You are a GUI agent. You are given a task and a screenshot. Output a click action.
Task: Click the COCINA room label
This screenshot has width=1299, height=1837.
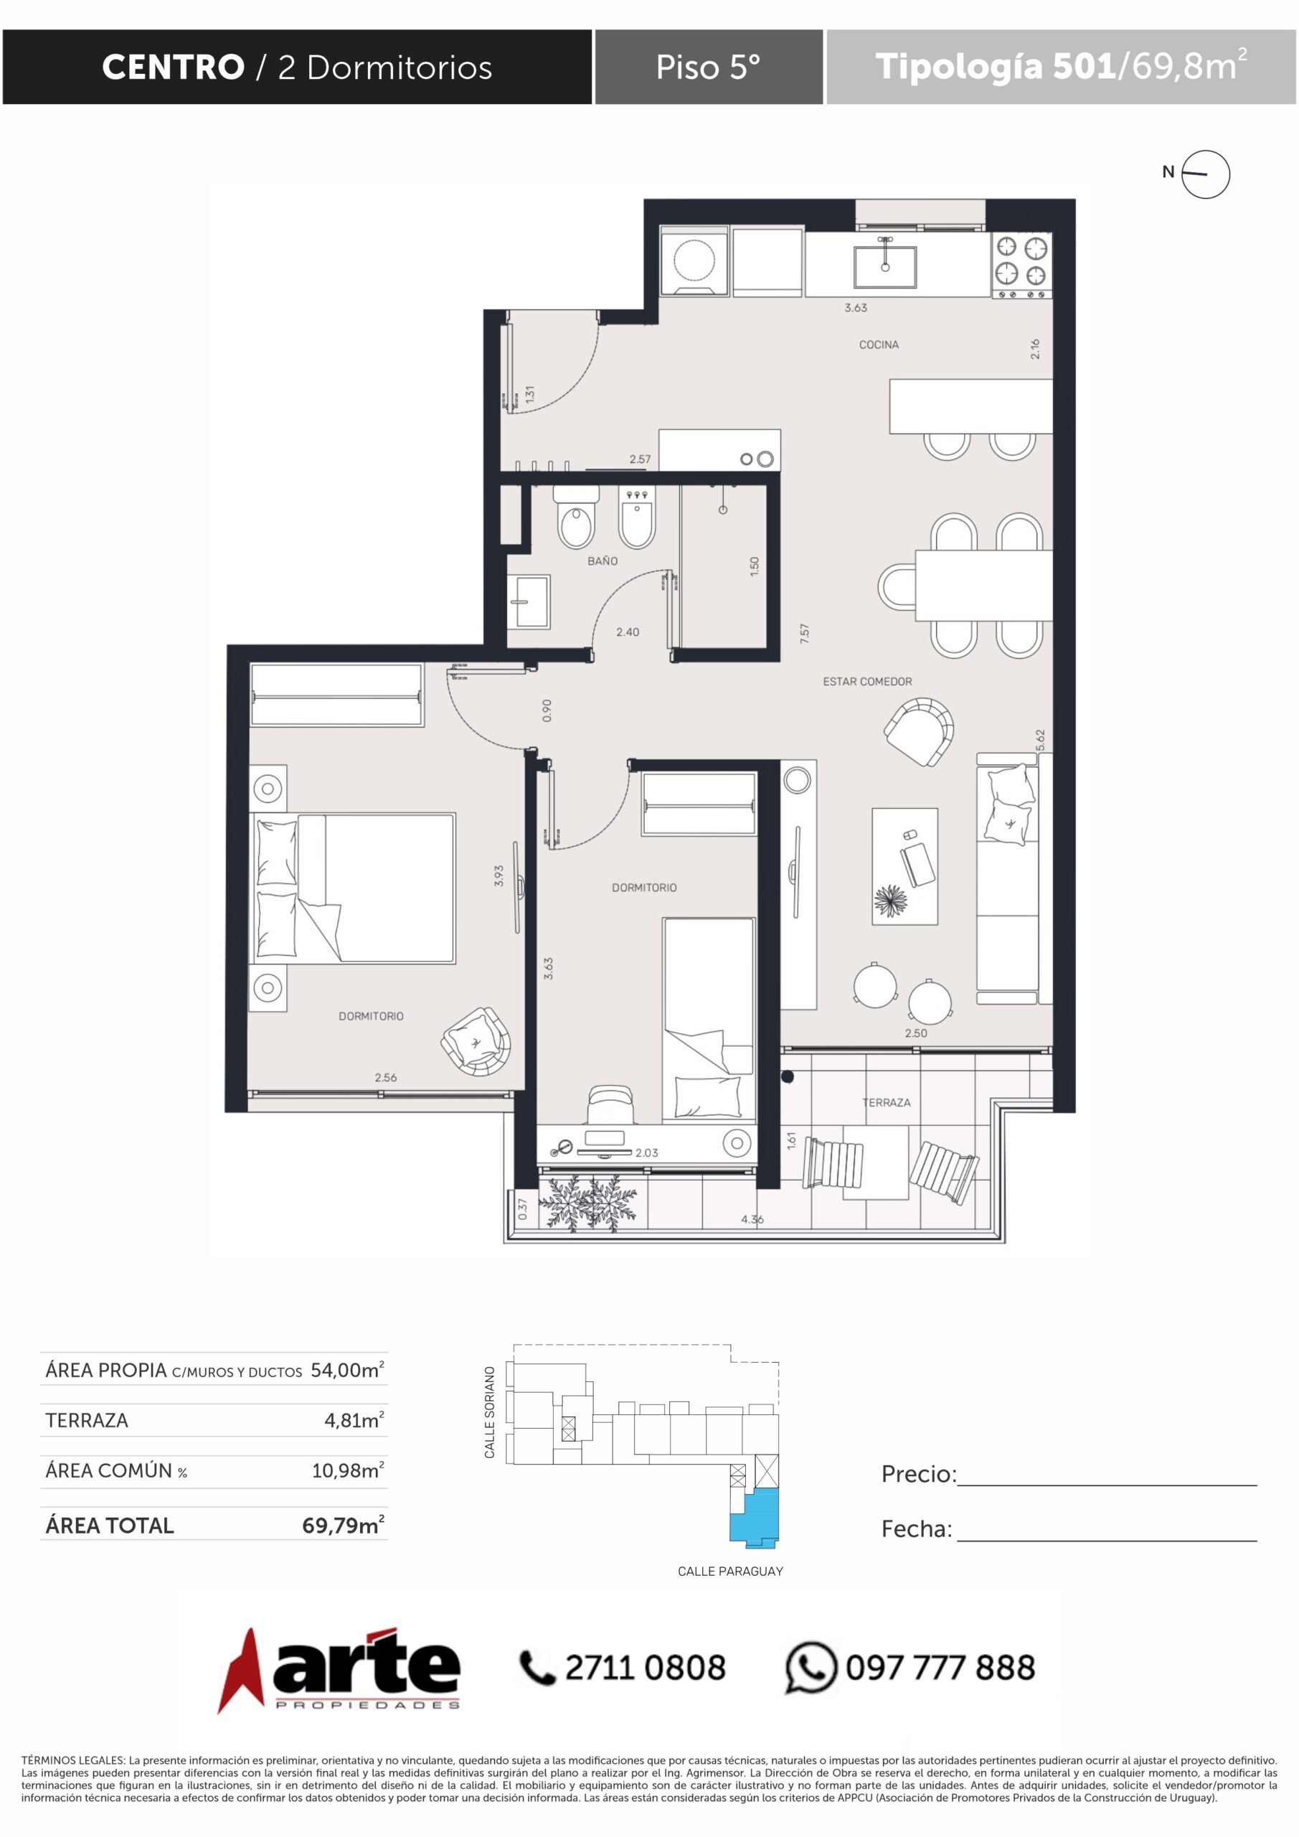[x=878, y=345]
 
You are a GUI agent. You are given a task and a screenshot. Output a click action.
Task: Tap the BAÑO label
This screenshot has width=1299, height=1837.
[x=603, y=561]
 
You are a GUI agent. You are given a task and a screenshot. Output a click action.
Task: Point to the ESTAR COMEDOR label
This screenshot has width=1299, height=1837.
[x=867, y=682]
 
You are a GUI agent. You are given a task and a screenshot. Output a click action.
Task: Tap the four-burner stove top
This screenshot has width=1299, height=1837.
[x=1021, y=265]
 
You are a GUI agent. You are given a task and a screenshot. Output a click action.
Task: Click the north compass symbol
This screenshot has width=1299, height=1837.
[x=1204, y=174]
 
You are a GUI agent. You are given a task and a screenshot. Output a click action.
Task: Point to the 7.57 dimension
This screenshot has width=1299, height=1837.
[x=805, y=634]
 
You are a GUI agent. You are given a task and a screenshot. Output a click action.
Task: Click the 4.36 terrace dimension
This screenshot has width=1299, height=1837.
[x=752, y=1219]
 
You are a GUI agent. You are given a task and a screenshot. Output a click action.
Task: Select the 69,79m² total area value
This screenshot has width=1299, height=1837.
[x=343, y=1525]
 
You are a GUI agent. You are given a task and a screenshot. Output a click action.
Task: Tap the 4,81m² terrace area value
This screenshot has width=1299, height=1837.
[x=354, y=1420]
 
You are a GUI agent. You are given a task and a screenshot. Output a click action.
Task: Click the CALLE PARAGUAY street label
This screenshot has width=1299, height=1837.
[x=730, y=1571]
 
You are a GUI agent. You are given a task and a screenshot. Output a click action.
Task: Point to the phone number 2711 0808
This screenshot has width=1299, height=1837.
[x=646, y=1668]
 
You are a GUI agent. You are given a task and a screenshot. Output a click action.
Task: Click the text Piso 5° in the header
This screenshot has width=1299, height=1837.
[x=708, y=67]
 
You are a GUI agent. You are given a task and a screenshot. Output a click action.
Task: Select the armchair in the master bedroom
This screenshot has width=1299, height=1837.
[x=476, y=1041]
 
